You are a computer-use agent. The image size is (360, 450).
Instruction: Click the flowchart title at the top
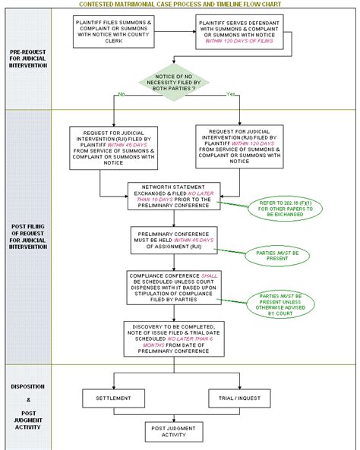[x=180, y=4]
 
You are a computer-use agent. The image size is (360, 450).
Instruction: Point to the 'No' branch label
[x=120, y=95]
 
